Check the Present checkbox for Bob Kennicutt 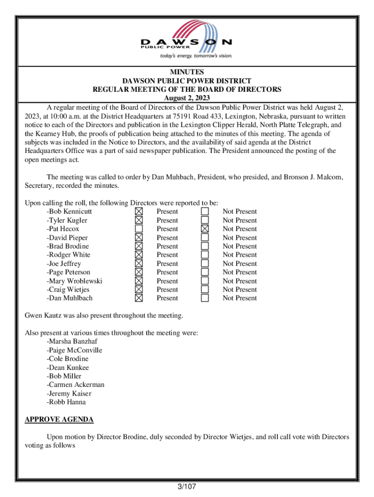pos(139,212)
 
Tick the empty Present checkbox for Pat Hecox pos(139,229)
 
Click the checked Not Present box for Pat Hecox pos(205,229)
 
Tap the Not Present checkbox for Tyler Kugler pos(205,220)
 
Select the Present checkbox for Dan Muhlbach pos(139,298)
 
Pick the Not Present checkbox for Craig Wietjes pos(205,289)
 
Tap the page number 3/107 pos(187,487)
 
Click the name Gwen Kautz pos(43,316)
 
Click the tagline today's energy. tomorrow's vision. pos(196,56)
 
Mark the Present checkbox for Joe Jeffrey pos(139,264)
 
